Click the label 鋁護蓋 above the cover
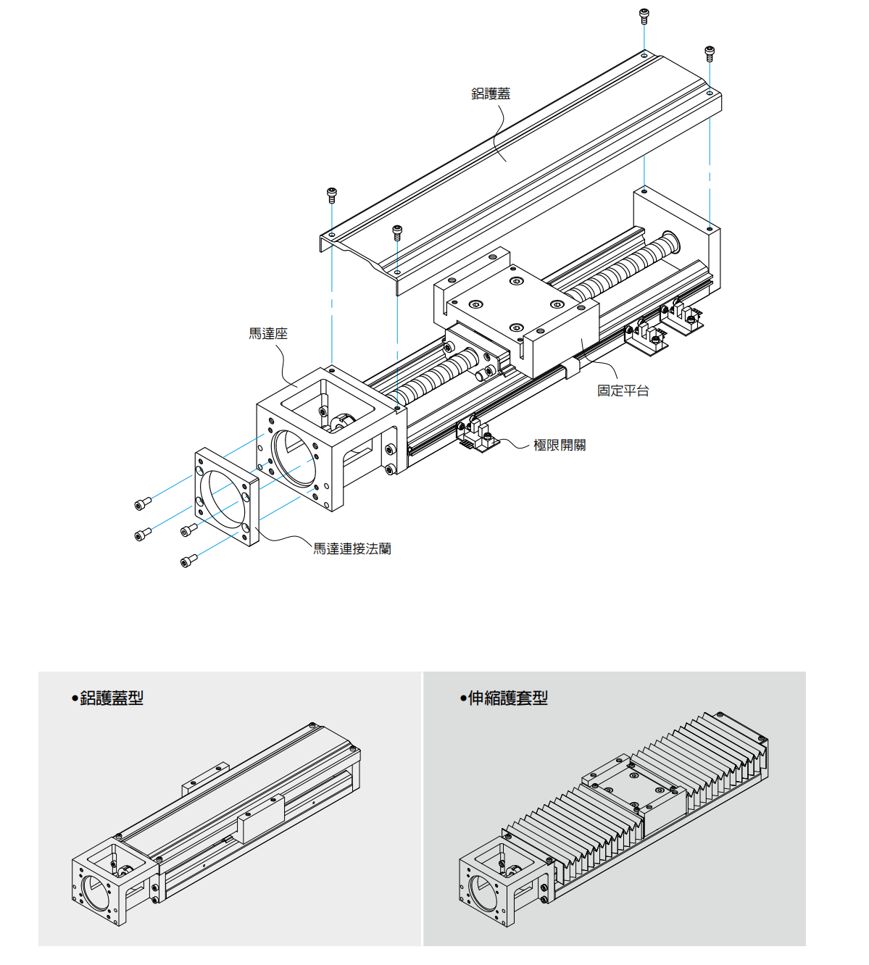(x=491, y=93)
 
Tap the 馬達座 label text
(x=268, y=333)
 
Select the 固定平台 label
(x=623, y=390)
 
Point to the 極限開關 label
(x=560, y=445)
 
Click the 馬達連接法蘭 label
(x=352, y=549)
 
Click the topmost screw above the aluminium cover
(x=644, y=14)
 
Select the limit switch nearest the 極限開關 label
(x=478, y=435)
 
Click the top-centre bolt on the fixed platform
(x=516, y=281)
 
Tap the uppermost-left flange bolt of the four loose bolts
(x=143, y=503)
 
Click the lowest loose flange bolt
(x=188, y=561)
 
